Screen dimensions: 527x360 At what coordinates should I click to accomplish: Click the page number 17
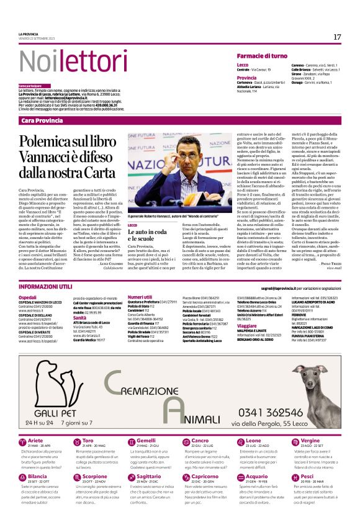337,37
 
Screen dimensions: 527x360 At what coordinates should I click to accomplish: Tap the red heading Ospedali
27,297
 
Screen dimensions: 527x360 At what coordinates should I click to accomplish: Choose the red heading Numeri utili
140,297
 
